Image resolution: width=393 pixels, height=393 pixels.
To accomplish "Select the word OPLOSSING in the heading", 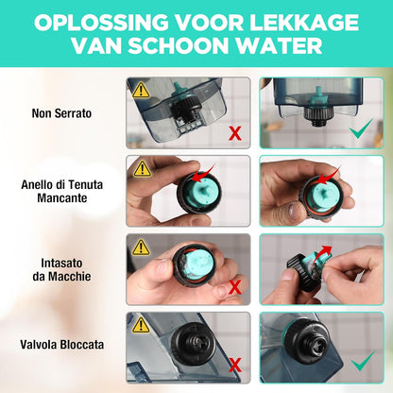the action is [x=101, y=23].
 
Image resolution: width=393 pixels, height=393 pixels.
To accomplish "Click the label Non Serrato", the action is [x=61, y=113].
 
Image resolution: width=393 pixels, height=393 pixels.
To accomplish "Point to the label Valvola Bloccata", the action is [x=62, y=345].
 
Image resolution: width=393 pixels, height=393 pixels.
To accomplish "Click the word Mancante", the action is [x=62, y=198].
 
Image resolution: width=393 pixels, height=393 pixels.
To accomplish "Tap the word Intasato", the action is [x=61, y=263].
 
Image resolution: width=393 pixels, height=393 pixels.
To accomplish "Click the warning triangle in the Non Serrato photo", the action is [x=141, y=90].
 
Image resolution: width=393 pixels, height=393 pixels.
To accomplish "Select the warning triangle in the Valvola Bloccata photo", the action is [x=141, y=325].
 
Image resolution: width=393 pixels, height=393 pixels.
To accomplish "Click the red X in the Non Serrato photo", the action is [x=235, y=133].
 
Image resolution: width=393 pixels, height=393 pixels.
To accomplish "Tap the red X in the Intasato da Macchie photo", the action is [x=235, y=287].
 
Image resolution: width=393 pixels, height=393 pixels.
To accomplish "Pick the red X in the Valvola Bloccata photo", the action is [x=235, y=365].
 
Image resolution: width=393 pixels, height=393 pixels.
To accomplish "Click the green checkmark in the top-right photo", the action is [x=362, y=129].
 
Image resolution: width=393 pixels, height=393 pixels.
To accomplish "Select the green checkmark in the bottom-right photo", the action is [x=363, y=362].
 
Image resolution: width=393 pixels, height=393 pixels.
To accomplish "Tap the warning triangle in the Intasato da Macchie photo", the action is [x=141, y=247].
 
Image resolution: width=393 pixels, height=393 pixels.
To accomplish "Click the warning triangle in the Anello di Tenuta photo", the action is [x=142, y=169].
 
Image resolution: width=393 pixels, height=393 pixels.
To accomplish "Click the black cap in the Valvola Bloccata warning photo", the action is [x=194, y=343].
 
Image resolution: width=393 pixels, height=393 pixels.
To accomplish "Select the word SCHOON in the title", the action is [x=179, y=46].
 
